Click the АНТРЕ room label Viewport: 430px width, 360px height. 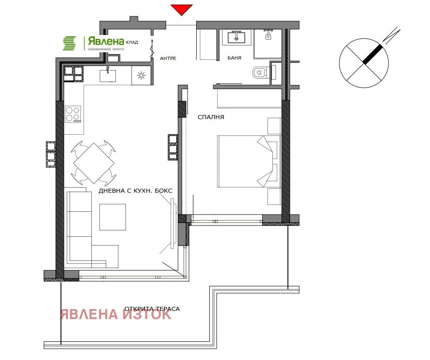pyautogui.click(x=168, y=59)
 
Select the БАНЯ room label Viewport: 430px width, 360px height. pyautogui.click(x=234, y=58)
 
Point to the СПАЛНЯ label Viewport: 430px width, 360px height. pyautogui.click(x=211, y=117)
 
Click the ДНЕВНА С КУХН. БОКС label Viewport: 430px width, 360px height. pyautogui.click(x=135, y=191)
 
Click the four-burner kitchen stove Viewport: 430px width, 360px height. pyautogui.click(x=73, y=114)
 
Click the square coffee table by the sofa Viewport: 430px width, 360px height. pyautogui.click(x=113, y=217)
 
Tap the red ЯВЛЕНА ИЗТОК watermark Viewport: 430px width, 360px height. pyautogui.click(x=116, y=315)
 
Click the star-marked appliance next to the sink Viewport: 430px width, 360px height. pyautogui.click(x=139, y=75)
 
